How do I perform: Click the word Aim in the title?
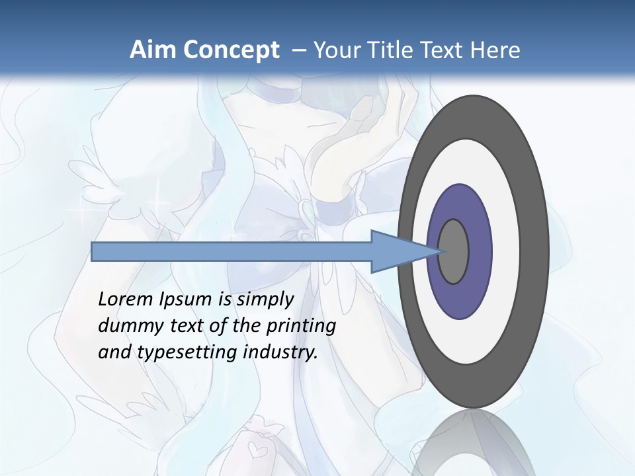[150, 50]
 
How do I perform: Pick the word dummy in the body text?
[126, 326]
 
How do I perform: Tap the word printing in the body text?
[301, 327]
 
